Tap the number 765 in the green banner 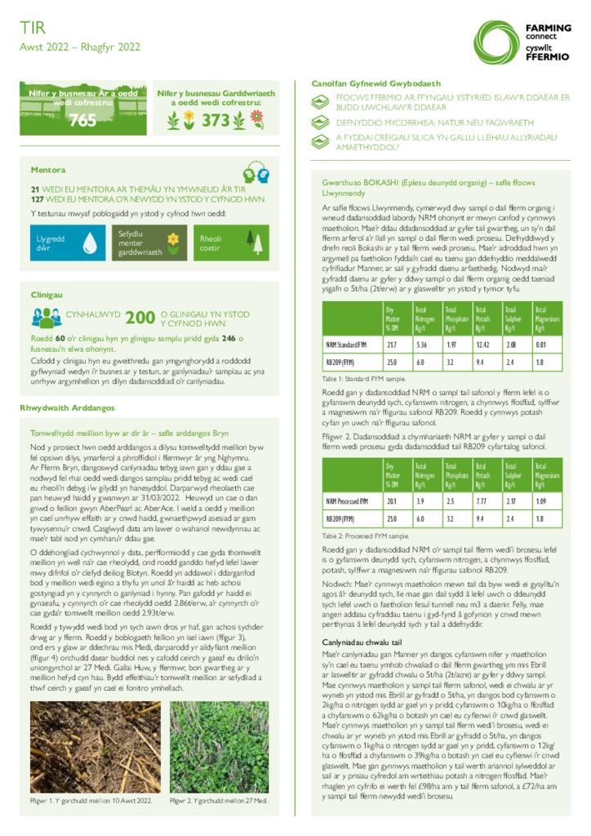pos(82,121)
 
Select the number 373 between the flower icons pos(216,121)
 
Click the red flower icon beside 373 pos(256,119)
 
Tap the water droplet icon pos(90,242)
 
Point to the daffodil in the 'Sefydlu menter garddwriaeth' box pos(173,240)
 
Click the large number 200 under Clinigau pos(140,318)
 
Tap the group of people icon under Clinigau pos(47,318)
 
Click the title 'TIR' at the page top pos(29,29)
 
